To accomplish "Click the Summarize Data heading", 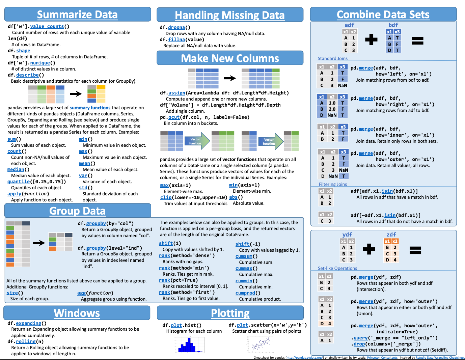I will (77, 15).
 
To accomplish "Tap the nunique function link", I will (40, 63).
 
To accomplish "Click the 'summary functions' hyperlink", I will (90, 108).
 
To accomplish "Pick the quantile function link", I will (19, 182).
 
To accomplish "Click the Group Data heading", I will (77, 211).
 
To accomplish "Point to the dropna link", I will (176, 27).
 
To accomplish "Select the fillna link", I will (176, 39).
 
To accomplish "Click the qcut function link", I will (174, 117).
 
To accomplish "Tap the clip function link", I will (166, 197).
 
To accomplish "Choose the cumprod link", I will (245, 293).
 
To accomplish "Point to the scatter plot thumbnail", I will (260, 344).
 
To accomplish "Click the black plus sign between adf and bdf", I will (371, 39).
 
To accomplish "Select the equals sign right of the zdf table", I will (415, 250).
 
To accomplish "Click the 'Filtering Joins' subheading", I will (333, 184).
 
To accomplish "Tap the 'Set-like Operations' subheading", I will (337, 268).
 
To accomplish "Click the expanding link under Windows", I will (28, 323).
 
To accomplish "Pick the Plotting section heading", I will (230, 313).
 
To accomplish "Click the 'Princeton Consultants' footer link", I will (382, 358).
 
